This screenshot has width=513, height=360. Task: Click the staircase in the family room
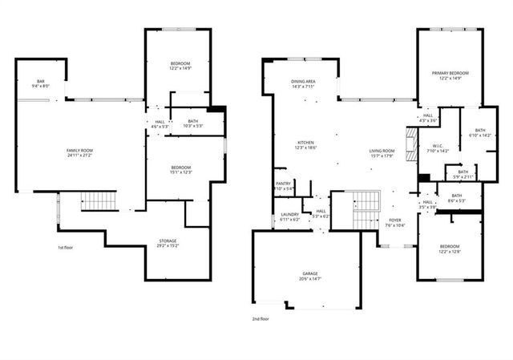pos(99,200)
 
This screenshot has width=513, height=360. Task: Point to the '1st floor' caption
pos(67,248)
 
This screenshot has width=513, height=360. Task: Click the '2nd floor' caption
pos(261,318)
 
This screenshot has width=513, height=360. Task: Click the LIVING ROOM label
pos(382,153)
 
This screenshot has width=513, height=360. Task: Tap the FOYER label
pos(394,222)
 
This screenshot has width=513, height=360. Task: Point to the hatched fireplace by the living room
pos(411,145)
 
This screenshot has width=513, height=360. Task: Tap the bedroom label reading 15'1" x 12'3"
pos(180,169)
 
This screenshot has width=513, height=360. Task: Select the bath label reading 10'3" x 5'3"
pos(193,123)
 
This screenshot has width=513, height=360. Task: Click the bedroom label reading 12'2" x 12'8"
pos(450,249)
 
